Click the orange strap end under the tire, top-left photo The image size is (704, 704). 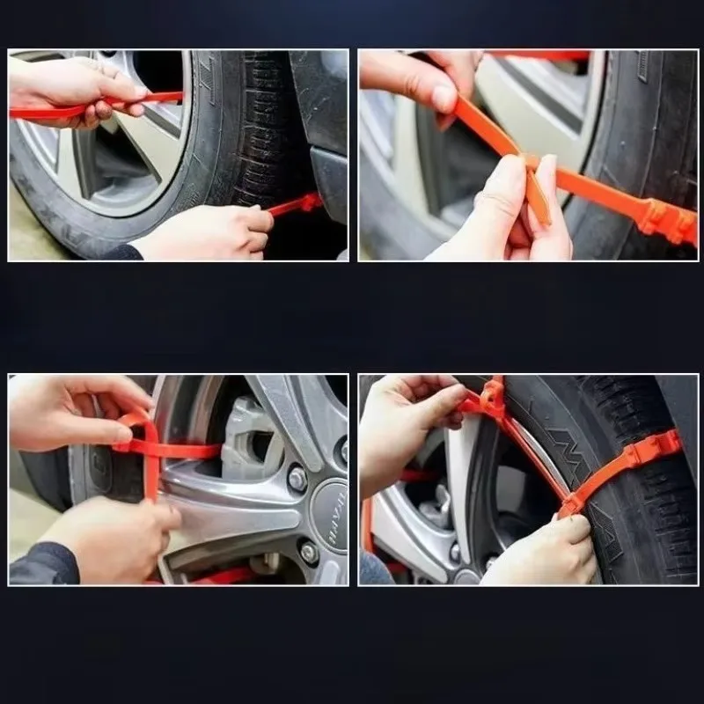(x=295, y=206)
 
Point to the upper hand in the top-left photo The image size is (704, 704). (x=70, y=88)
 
